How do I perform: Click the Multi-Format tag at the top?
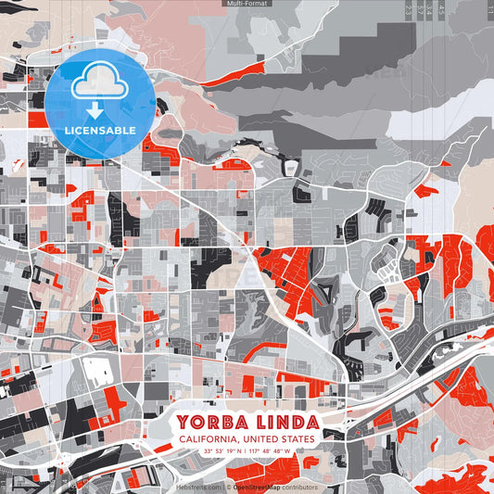click(247, 4)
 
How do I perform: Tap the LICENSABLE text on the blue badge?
click(100, 130)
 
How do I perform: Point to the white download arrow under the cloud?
click(100, 109)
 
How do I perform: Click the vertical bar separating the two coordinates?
click(247, 451)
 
